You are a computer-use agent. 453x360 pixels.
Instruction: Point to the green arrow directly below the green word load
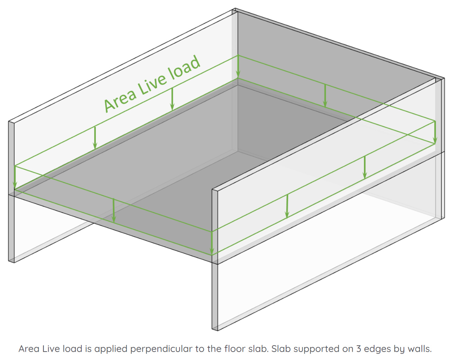pos(172,99)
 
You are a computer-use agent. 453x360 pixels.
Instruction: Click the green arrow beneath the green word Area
pos(95,138)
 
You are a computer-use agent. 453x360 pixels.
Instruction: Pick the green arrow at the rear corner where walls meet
pos(238,67)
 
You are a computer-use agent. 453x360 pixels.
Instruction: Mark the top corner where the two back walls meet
pos(235,9)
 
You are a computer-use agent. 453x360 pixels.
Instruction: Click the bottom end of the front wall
pos(215,329)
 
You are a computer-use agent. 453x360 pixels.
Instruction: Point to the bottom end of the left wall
pos(11,260)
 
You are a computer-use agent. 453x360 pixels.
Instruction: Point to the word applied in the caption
pos(111,349)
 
